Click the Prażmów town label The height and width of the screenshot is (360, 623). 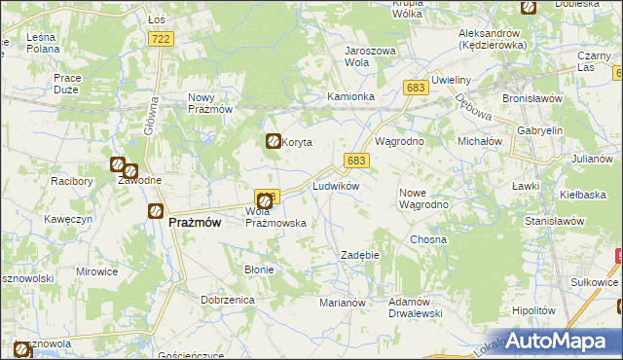[x=194, y=222]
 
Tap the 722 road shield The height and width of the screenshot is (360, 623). [x=162, y=38]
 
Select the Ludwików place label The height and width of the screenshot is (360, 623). [x=336, y=185]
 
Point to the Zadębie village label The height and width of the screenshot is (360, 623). [x=358, y=255]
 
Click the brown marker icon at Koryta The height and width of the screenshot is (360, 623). [x=274, y=142]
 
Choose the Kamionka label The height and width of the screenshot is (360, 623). [x=351, y=97]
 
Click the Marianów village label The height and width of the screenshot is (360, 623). [x=342, y=303]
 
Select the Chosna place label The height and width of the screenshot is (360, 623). [x=428, y=239]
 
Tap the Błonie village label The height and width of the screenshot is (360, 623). [x=259, y=270]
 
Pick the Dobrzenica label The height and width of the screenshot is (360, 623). [x=228, y=301]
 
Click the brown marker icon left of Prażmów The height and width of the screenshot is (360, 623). [x=155, y=211]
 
